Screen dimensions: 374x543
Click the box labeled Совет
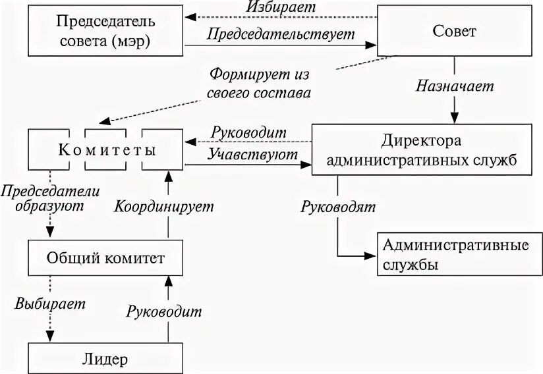[x=454, y=31]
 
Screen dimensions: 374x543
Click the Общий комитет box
[x=106, y=257]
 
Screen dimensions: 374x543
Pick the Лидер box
[x=106, y=359]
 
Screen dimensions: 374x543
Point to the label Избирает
[x=282, y=7]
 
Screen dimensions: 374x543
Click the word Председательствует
[x=281, y=34]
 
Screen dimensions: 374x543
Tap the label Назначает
[x=454, y=86]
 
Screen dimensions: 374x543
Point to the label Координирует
[x=165, y=205]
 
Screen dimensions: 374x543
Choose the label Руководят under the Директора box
[x=338, y=207]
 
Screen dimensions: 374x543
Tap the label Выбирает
[x=43, y=304]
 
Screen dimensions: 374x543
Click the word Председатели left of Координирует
[x=50, y=191]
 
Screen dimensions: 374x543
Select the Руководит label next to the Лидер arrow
[x=165, y=310]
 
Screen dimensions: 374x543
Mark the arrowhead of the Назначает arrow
[x=454, y=117]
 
